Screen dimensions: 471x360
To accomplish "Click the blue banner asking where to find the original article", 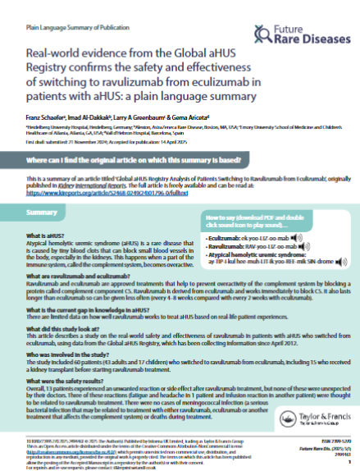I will click(x=180, y=165).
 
